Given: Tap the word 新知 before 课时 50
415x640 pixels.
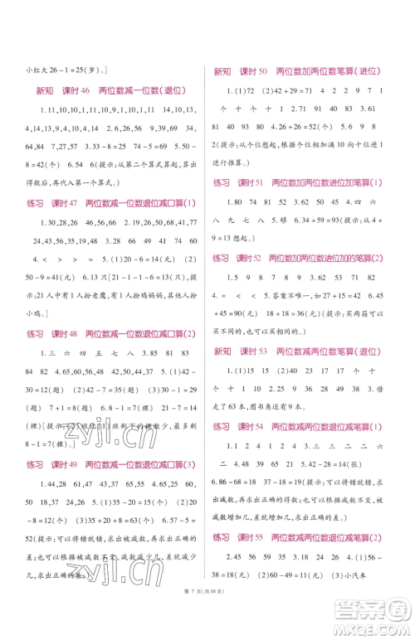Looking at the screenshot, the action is (x=222, y=72).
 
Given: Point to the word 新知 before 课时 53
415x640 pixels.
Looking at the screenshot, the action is (x=222, y=328).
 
